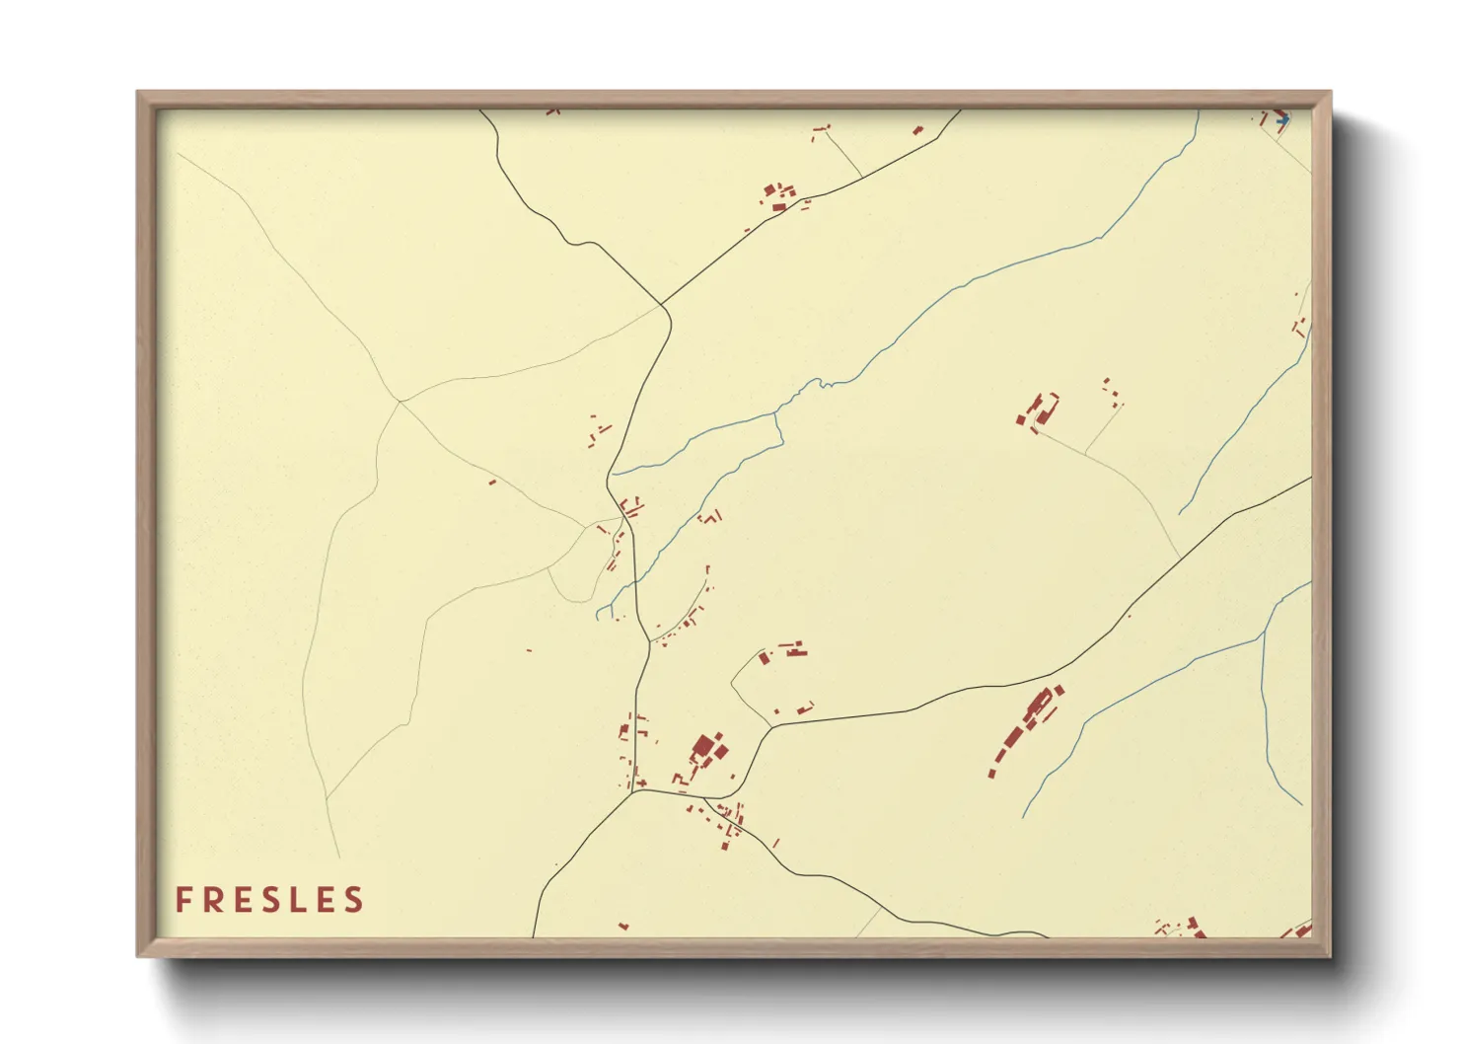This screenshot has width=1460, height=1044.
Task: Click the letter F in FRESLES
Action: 183,900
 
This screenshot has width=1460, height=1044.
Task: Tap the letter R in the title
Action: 214,900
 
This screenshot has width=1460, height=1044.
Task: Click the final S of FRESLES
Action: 354,900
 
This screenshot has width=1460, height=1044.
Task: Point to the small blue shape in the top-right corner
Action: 1282,120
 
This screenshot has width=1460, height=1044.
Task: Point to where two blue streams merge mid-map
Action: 778,414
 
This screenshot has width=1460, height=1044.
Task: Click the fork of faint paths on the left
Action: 400,401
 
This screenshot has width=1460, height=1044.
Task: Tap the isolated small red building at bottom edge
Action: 622,927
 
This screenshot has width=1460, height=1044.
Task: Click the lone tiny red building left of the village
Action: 492,483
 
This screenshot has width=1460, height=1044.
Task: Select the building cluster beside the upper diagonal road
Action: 778,195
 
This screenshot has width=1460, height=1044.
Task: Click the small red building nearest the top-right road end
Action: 917,129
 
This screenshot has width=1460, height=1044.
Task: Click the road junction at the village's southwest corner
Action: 631,791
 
